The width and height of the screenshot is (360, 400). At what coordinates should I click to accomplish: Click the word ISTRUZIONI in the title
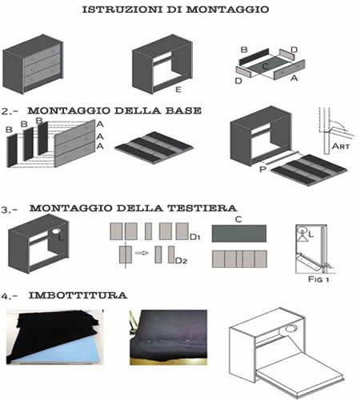tap(122, 10)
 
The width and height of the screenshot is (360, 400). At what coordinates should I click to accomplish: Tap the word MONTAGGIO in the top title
tap(227, 10)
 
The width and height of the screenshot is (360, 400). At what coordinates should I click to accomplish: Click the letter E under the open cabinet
tap(178, 90)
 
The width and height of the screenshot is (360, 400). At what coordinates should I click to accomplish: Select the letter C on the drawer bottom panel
tap(265, 66)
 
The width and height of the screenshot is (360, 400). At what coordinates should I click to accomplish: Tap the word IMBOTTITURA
tap(78, 295)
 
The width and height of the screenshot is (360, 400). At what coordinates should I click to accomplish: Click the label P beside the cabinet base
tap(262, 169)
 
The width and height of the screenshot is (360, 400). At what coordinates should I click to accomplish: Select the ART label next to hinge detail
tap(341, 146)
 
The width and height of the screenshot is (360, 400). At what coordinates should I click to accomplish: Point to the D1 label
tap(195, 237)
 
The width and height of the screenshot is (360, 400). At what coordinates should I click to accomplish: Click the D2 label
tap(182, 261)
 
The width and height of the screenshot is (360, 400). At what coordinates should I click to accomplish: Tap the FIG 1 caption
tap(318, 279)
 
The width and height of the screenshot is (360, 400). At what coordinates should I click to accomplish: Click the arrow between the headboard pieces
tap(142, 253)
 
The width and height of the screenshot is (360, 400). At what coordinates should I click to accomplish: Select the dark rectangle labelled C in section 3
tap(239, 234)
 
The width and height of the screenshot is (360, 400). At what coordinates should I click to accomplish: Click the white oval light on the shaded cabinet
tap(55, 231)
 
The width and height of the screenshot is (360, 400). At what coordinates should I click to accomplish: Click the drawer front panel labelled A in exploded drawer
tap(290, 70)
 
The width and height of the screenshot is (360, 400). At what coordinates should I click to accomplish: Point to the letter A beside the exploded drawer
tap(294, 78)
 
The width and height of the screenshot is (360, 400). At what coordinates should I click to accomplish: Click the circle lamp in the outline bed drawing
tap(291, 328)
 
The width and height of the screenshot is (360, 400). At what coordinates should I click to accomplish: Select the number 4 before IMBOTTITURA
tap(5, 296)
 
